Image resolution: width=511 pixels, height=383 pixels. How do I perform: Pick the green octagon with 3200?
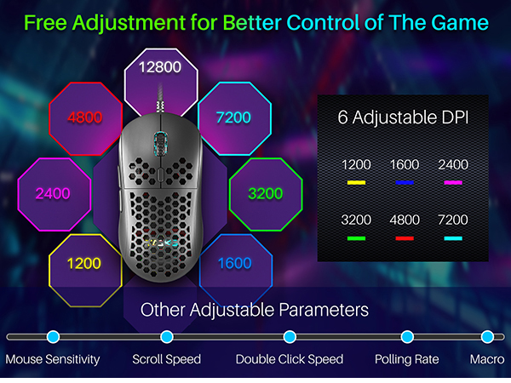pos(265,193)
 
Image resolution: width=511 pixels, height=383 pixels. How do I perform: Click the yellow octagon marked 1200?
pos(84,264)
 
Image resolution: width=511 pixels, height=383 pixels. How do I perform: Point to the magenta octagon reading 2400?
pos(53,193)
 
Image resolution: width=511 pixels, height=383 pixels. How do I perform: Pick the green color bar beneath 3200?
pos(356,238)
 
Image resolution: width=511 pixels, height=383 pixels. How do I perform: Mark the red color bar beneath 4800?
pos(405,238)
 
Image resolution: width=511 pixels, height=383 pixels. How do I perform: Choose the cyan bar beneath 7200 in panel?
pos(453,238)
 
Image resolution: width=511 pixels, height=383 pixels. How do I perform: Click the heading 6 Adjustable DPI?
pos(403,118)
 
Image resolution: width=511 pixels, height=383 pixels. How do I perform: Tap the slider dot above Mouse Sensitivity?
pos(53,337)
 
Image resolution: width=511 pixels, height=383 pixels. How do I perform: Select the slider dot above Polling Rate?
pos(407,337)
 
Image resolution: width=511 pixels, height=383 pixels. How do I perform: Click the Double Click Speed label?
pos(290,359)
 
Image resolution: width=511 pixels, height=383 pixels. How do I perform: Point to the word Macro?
pos(487,359)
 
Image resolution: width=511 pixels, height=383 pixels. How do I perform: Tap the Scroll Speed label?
pos(166,359)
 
